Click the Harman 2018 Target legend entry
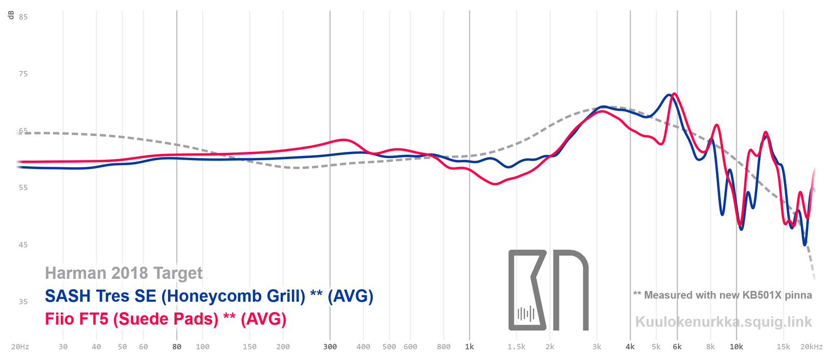124,273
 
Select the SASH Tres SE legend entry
209,296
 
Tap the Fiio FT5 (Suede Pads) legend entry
165,319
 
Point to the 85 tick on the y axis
23,17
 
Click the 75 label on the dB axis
23,74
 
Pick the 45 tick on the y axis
23,245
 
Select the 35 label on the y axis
23,302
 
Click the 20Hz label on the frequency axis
20,347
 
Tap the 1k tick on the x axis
470,347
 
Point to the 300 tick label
330,347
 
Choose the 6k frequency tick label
677,347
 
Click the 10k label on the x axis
736,347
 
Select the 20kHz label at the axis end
811,347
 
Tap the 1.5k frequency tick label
516,347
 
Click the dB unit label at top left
11,15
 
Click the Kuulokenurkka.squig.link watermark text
723,322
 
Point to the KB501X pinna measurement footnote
722,295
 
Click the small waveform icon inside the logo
526,314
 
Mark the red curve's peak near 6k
674,94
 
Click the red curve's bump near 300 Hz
343,139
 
